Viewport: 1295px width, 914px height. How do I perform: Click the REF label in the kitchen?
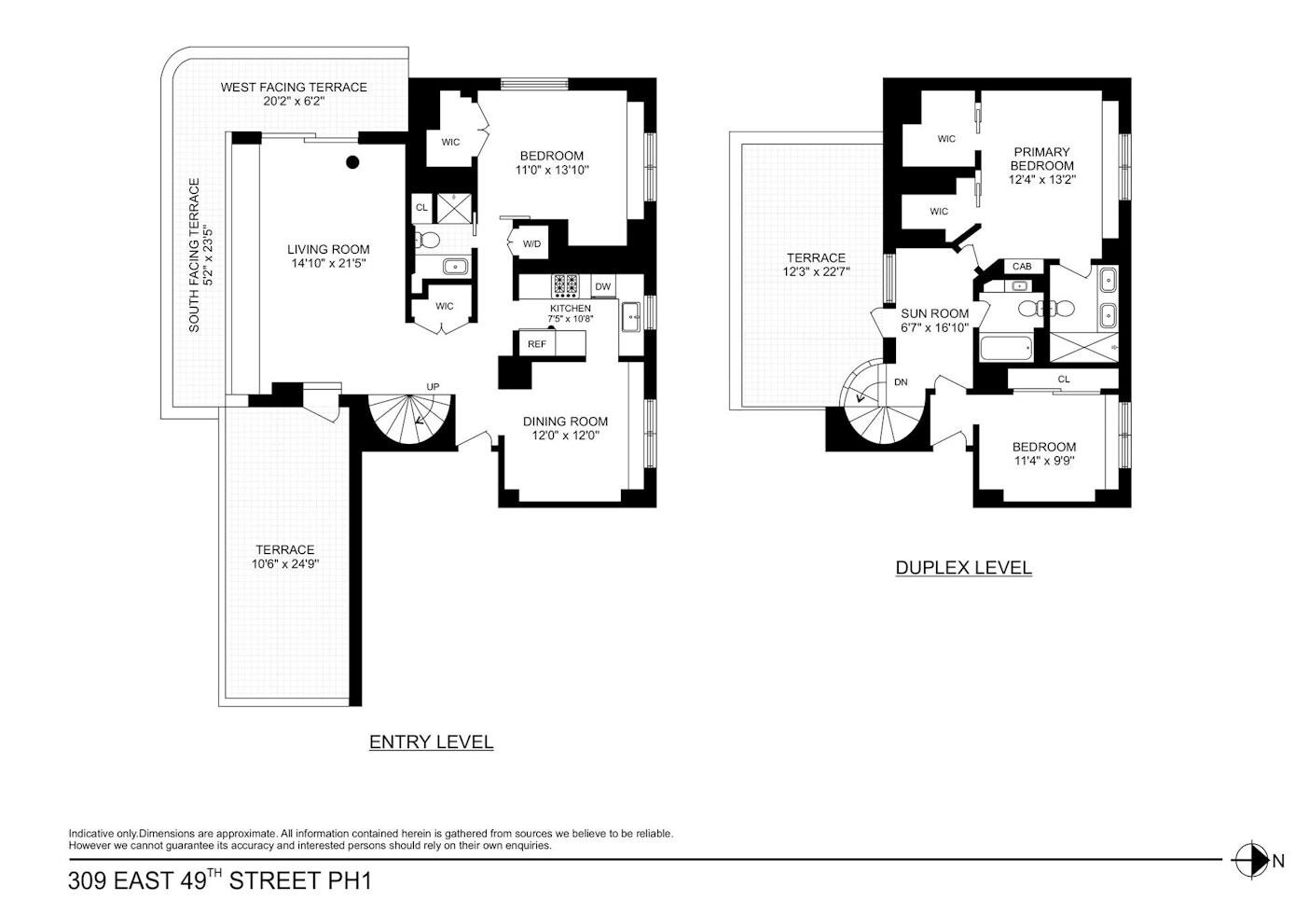pos(537,344)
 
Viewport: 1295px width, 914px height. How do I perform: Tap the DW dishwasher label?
pos(603,286)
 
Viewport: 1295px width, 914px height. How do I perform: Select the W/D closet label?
pos(531,243)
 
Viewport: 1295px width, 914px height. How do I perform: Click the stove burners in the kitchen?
pos(565,285)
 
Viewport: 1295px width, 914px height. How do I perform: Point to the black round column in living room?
pos(352,162)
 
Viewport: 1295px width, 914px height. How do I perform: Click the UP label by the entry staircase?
pos(433,386)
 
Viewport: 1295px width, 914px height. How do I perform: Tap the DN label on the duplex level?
pos(901,382)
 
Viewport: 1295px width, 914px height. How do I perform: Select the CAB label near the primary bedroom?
pos(1022,267)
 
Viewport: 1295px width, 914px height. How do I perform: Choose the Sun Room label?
pos(934,313)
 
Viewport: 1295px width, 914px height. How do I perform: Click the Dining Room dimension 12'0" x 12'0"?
pos(565,435)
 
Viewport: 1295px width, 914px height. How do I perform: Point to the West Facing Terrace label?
pos(294,87)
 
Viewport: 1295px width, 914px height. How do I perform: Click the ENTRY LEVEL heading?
pos(431,742)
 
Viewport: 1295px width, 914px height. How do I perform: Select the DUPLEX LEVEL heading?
pos(963,567)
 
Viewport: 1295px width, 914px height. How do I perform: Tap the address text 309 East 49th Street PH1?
pos(220,879)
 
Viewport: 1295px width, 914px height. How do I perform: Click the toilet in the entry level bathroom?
pos(427,239)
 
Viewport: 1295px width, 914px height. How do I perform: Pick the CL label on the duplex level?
pos(1064,379)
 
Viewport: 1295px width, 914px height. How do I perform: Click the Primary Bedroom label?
pos(1041,159)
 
